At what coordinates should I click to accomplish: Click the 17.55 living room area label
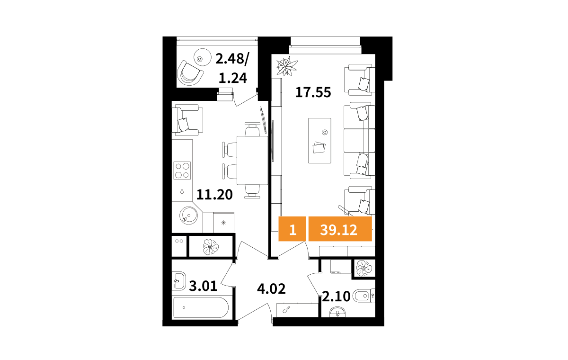tap(313, 92)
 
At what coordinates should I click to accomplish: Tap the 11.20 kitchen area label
tap(214, 195)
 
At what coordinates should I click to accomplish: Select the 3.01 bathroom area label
tap(203, 286)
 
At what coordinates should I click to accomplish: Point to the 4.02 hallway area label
tap(271, 289)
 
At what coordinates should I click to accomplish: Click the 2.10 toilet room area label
tap(336, 296)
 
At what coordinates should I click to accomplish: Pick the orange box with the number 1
tap(293, 229)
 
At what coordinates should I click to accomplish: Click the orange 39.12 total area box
tap(340, 229)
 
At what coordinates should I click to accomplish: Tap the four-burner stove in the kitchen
tap(182, 171)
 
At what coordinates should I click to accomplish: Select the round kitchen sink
tap(189, 216)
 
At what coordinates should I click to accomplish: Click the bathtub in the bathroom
tap(201, 307)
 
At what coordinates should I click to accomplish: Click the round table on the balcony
tap(203, 57)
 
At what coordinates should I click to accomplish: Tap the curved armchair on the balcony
tap(190, 73)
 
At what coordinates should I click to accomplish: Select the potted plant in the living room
tap(287, 66)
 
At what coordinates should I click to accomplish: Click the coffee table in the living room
tap(319, 141)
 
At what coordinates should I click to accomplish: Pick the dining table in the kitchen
tap(252, 160)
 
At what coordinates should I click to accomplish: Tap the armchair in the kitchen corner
tap(187, 120)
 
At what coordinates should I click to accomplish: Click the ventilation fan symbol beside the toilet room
tap(364, 269)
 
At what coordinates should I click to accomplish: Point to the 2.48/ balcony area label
tap(232, 59)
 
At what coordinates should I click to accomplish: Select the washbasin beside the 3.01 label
tap(178, 281)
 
